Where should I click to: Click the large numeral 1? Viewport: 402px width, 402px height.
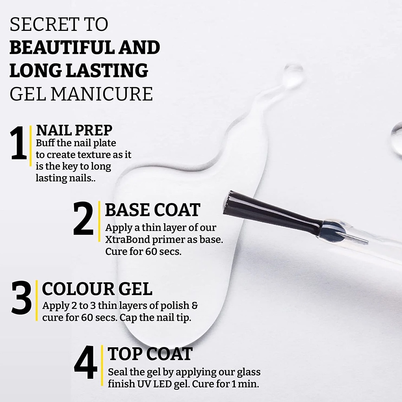click(19, 143)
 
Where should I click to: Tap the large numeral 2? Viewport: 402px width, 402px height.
click(83, 218)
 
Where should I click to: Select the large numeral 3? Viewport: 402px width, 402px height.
click(22, 297)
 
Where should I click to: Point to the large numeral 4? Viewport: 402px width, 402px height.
click(86, 362)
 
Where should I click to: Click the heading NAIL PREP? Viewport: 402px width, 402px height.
click(74, 130)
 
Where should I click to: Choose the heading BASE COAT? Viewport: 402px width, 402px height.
click(152, 210)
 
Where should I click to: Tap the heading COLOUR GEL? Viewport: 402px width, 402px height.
click(97, 289)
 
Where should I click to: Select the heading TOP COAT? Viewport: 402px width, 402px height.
click(150, 354)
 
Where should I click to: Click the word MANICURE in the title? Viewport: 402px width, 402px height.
click(102, 94)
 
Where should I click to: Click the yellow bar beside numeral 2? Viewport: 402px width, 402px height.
click(99, 222)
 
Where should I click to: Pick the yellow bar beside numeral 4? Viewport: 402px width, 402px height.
click(102, 365)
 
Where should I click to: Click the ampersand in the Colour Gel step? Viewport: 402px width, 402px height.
click(195, 306)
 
